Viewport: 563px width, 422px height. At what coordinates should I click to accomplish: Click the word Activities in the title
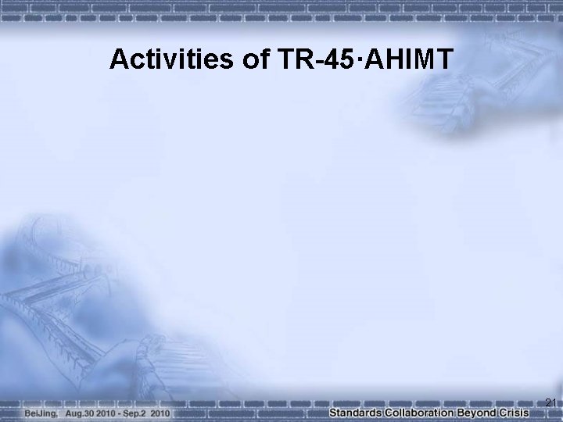(x=170, y=59)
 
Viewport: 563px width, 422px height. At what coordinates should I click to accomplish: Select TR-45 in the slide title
(x=311, y=59)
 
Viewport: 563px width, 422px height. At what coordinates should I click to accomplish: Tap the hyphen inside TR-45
(x=314, y=60)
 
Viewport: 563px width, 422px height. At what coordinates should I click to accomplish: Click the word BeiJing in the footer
(x=41, y=411)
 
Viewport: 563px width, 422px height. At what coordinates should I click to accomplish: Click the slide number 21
(x=550, y=402)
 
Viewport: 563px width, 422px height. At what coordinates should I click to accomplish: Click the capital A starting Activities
(x=119, y=59)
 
